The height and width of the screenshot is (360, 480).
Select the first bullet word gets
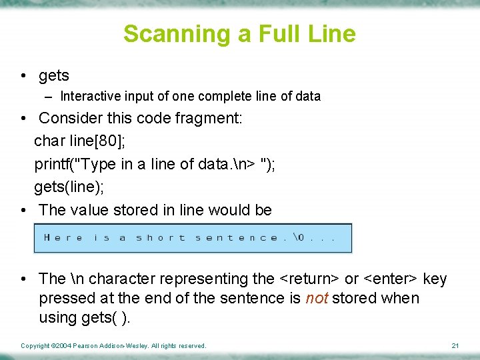click(x=54, y=76)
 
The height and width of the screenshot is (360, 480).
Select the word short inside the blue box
click(x=161, y=238)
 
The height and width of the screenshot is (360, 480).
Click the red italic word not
click(x=317, y=298)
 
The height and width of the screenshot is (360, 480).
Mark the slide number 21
click(x=455, y=345)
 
